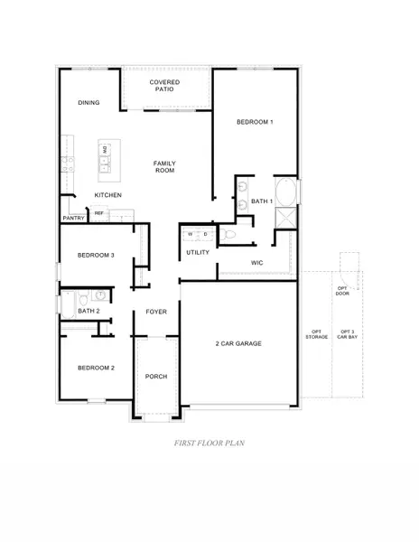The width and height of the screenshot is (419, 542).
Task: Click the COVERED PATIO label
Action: point(164,87)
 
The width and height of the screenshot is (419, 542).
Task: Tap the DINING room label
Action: point(88,103)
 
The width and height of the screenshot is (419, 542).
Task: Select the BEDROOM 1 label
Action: point(255,122)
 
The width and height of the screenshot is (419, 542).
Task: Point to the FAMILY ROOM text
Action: point(164,167)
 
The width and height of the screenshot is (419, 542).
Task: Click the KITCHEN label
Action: point(108,196)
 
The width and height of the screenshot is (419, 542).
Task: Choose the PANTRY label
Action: point(73,219)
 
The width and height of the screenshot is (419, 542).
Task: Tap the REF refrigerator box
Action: point(99,214)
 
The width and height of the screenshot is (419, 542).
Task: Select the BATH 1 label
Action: point(262,201)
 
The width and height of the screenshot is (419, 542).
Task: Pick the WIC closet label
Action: point(256,262)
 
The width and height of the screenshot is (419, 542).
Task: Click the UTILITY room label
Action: point(198,252)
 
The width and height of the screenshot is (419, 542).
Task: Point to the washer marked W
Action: point(191,235)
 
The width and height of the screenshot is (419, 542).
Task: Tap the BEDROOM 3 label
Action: point(96,256)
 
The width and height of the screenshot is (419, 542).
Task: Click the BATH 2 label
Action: point(88,311)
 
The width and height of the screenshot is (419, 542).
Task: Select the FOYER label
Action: point(157,312)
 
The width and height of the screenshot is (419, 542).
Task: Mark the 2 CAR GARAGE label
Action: point(240,344)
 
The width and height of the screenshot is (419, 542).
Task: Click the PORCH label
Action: point(157,377)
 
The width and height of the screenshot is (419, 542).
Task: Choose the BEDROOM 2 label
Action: point(96,368)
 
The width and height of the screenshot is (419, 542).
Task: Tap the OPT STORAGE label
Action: point(317,335)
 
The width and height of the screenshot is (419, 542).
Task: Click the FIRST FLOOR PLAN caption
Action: point(209,444)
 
